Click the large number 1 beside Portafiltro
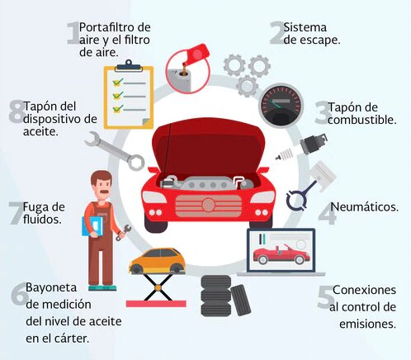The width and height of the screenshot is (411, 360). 73,34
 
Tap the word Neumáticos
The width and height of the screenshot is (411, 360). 364,207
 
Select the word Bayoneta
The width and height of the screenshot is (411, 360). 51,288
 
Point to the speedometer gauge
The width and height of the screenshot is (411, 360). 281,106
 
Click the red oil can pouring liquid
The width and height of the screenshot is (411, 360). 188,69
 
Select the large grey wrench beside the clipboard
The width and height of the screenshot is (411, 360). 115,151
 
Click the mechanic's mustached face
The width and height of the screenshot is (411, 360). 102,185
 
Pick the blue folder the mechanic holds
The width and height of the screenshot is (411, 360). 92,226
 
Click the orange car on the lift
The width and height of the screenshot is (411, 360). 158,261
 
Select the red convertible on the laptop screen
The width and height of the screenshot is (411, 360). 281,253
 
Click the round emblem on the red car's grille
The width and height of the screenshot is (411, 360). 208,205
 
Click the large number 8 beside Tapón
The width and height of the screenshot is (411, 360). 17,111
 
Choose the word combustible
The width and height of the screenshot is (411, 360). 362,120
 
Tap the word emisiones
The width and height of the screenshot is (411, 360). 367,324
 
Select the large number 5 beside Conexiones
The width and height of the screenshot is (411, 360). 326,297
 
